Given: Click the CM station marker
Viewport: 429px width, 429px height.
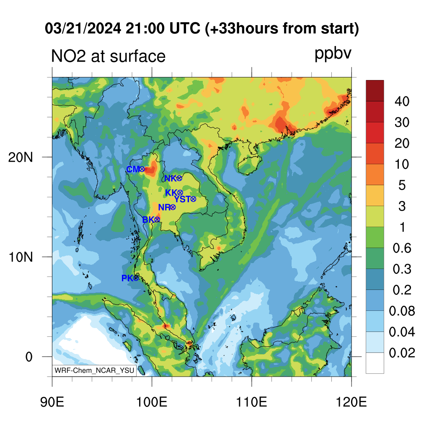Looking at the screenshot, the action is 142,169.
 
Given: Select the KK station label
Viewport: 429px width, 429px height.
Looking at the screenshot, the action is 171,193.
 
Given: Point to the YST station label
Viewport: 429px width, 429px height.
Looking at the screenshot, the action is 182,199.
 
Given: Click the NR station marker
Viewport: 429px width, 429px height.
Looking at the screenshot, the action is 173,207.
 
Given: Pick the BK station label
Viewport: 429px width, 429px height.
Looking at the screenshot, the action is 148,220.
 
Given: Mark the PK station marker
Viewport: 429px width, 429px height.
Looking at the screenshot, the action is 136,278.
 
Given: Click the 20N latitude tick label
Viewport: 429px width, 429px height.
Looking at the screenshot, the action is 20,158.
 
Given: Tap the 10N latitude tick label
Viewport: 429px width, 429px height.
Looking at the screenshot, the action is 20,257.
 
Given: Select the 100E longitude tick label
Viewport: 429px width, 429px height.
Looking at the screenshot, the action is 152,402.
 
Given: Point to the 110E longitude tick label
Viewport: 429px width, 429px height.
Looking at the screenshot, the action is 251,402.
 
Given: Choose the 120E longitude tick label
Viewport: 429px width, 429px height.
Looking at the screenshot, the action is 351,402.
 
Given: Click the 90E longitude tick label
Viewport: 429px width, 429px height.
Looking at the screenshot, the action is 52,402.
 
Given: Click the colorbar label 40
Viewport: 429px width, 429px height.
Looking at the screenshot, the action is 402,101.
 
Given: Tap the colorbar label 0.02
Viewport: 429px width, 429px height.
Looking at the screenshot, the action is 402,353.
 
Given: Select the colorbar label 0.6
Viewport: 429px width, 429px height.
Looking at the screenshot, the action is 402,248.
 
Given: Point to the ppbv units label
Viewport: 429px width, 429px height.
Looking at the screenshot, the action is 333,54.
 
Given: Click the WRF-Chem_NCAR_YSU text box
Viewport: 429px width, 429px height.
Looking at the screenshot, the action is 94,370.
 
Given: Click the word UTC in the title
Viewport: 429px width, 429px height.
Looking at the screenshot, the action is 185,28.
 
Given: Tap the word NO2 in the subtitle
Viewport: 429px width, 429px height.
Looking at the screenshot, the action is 68,56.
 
